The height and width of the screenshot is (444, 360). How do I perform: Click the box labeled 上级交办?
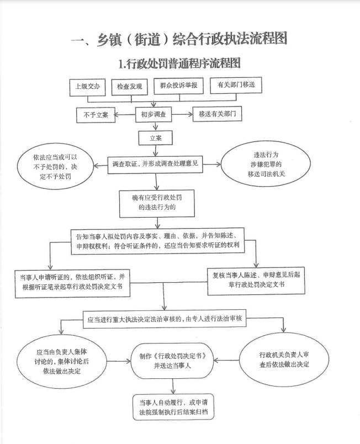click(87, 87)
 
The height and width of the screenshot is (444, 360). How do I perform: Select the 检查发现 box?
click(130, 87)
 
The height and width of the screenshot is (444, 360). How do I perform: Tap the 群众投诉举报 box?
click(178, 86)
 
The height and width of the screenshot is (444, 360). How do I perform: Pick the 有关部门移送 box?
click(236, 85)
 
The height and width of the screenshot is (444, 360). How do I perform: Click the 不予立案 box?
click(96, 115)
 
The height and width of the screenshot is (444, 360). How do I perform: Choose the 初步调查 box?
click(153, 114)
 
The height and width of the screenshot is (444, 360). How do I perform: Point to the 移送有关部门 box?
click(217, 114)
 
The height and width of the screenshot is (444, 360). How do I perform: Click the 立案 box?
click(155, 138)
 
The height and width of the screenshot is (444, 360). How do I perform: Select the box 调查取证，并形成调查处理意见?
click(155, 164)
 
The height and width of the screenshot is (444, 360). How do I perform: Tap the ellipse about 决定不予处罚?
click(55, 167)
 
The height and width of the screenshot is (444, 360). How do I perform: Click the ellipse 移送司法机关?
click(266, 164)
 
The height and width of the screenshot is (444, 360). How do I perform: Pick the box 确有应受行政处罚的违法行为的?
click(157, 203)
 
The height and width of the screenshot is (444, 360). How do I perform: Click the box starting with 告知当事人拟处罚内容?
click(158, 241)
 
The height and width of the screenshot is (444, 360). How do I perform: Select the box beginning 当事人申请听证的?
click(72, 283)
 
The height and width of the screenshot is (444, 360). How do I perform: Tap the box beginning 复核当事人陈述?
click(256, 281)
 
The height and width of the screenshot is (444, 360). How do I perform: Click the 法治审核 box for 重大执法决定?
click(165, 319)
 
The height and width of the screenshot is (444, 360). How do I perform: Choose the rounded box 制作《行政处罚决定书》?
click(172, 361)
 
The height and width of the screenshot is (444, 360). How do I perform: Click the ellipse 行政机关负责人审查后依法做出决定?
click(284, 359)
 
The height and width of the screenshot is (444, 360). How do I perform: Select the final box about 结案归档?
click(173, 407)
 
